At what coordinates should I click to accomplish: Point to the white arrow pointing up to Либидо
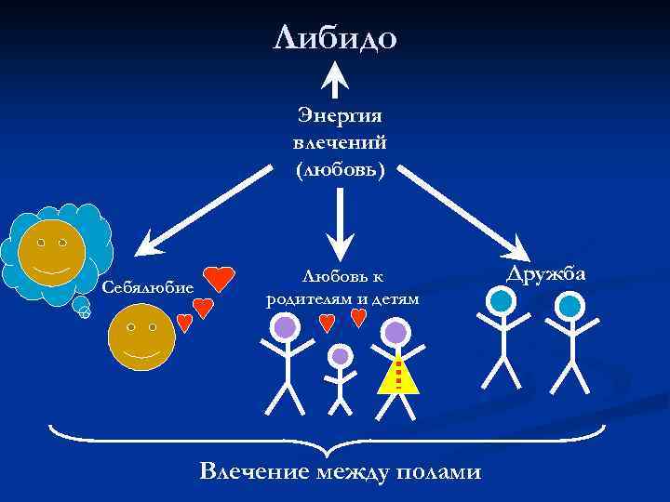335,79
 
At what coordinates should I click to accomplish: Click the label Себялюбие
148,286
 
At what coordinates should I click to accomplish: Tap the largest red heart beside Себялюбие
220,277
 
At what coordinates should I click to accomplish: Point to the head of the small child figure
341,355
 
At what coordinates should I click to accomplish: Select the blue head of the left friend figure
501,299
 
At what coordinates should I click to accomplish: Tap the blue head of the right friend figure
570,304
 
